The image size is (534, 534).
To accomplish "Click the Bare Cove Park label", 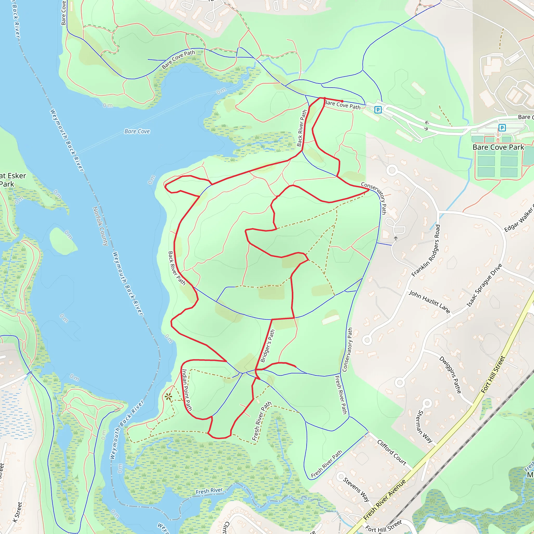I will [498, 147].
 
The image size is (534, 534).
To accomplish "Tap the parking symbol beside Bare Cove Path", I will [378, 110].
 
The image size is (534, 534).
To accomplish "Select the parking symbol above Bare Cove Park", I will [502, 128].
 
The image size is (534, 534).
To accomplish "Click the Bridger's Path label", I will [268, 346].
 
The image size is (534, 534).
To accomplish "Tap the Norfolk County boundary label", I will [100, 226].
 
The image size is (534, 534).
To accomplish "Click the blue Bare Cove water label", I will [137, 131].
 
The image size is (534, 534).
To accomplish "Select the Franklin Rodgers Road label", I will [426, 250].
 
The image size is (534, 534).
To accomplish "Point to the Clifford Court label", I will [392, 452].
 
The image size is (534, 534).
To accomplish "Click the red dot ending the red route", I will [342, 101].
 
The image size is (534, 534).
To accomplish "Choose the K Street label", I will [17, 512].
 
